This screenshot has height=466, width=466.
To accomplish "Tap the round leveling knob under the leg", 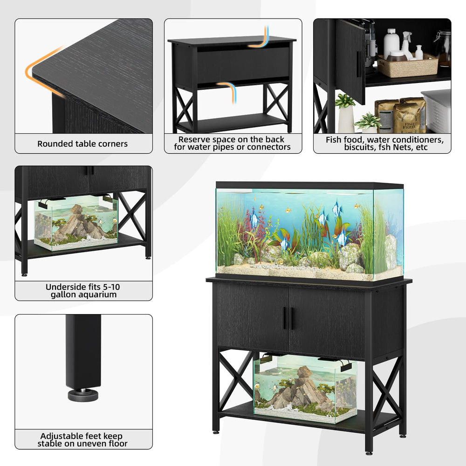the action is [83, 395].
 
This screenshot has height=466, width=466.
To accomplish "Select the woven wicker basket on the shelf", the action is [408, 66].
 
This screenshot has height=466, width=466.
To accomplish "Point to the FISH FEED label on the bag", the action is [409, 125].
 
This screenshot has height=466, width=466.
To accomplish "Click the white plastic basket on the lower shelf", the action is [436, 111].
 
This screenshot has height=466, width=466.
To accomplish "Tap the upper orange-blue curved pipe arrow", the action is [260, 38].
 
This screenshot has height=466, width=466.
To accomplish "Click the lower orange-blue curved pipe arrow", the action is [228, 91].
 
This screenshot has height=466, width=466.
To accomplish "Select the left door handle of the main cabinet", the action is [285, 318].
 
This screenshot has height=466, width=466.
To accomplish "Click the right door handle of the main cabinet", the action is [293, 318].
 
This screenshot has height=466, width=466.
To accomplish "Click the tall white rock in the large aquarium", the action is [391, 252].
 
